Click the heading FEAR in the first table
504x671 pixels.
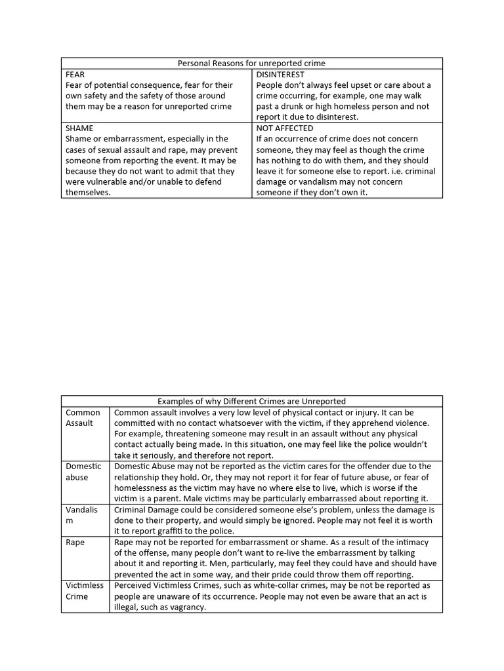75,75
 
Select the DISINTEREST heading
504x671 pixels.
280,75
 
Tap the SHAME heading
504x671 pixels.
79,128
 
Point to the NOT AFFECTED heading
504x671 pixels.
285,128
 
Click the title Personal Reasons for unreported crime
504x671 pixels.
252,64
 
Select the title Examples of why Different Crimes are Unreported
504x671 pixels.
252,401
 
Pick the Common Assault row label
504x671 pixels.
83,417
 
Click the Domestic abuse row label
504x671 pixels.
83,471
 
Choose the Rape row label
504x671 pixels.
75,543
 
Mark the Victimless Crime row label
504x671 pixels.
85,590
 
